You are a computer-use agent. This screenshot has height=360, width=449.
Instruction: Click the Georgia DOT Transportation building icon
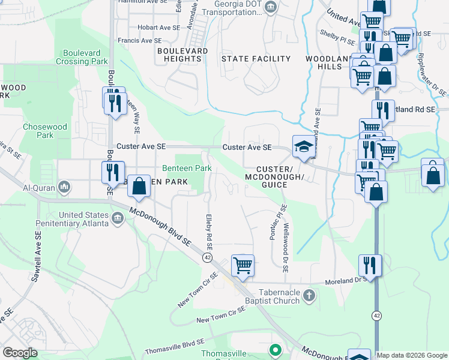coord(271,7)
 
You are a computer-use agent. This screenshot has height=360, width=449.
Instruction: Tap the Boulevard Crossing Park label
coord(82,57)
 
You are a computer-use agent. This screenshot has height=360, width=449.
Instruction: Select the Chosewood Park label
coord(38,131)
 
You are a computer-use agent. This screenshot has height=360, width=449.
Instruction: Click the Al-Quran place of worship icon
coord(64,188)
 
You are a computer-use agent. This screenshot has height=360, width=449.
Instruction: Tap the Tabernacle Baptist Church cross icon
coord(309,295)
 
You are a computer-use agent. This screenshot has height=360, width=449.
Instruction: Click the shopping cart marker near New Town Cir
coord(243,264)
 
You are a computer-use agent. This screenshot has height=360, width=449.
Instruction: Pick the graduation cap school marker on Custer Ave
coord(304,147)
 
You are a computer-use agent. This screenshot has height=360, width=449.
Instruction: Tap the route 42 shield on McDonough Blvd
coord(207,257)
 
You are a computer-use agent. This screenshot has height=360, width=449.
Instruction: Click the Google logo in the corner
coord(19,353)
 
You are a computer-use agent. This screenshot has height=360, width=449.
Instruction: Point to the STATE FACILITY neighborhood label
coord(256,59)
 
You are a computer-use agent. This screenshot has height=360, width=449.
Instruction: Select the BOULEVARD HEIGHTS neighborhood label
coord(182,55)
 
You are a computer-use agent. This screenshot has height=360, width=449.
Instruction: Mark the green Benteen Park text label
coord(187,169)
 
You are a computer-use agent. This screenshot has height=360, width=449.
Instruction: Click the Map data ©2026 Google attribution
coord(412,355)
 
